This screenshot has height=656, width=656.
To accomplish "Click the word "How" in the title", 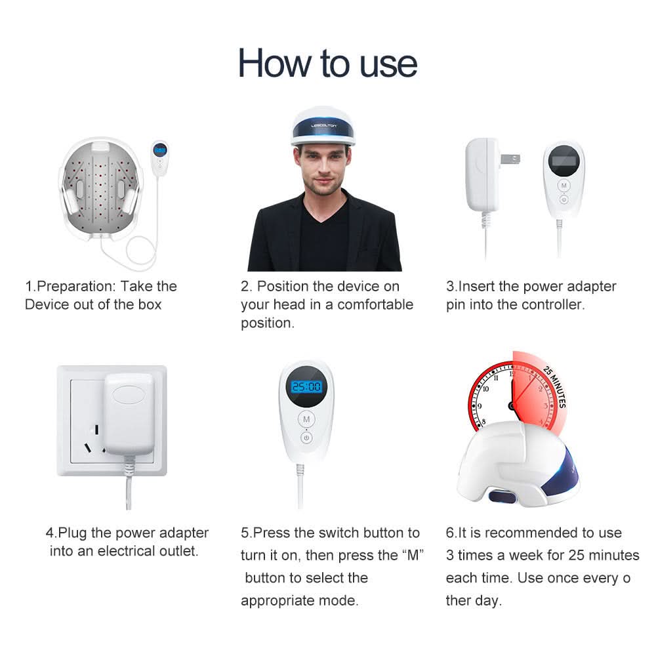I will tap(275, 64).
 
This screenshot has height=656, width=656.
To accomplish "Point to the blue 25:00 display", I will tap(306, 387).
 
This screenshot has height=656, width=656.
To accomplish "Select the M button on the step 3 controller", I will tap(563, 186).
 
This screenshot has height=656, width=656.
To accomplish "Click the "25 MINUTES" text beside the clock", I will tap(554, 388).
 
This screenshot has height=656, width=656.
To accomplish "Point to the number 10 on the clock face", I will tap(485, 388).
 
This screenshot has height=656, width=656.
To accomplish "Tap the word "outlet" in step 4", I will tap(176, 551).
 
